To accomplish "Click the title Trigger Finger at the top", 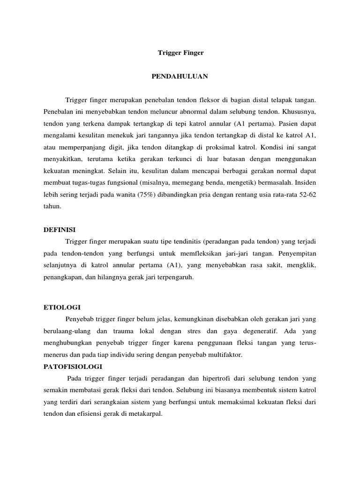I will [180, 53].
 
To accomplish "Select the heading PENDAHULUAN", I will [180, 76].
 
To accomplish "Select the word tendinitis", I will [184, 241].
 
